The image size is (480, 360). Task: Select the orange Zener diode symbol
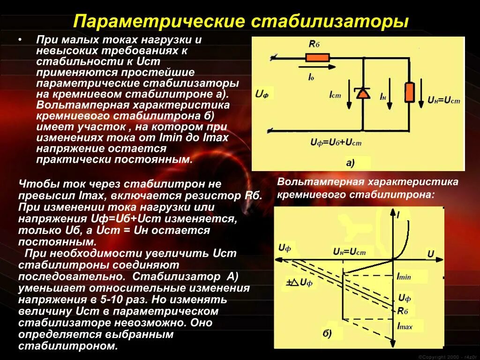coord(362,93)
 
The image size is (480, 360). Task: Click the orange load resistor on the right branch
coord(409,92)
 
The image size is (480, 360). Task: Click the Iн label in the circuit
coord(383,97)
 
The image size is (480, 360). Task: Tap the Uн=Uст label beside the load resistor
coord(444,100)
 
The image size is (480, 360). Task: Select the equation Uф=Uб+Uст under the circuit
coord(336,142)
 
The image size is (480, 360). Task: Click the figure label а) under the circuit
coord(350,163)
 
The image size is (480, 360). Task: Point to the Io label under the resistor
coord(311,76)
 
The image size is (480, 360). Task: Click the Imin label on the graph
coord(404,277)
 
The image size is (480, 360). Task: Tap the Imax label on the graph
coord(405,326)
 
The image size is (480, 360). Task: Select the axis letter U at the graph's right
coord(430,254)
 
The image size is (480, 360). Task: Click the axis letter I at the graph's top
coord(398,216)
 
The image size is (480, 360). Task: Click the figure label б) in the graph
coord(326,333)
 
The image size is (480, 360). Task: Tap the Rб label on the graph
coord(403,310)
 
